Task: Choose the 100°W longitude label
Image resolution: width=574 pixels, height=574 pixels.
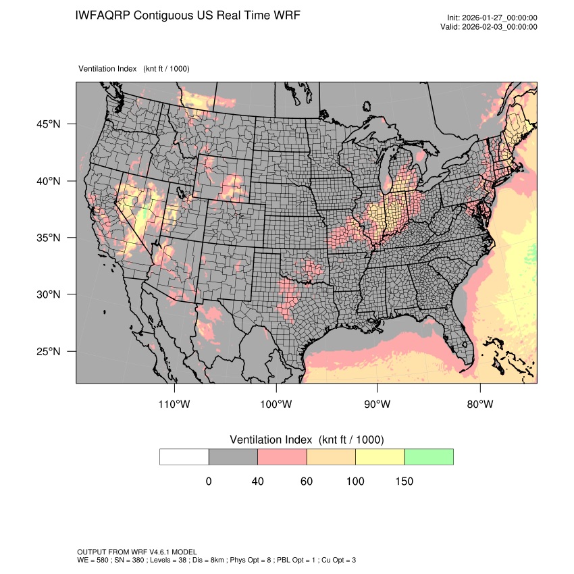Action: [x=276, y=405]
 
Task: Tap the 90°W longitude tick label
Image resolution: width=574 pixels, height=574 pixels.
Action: [x=377, y=405]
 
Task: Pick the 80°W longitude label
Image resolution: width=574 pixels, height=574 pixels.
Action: [x=479, y=405]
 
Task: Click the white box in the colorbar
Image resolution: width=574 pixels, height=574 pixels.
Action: [x=184, y=456]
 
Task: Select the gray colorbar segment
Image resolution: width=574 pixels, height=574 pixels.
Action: [x=233, y=456]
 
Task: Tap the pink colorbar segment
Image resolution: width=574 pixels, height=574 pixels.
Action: [x=282, y=456]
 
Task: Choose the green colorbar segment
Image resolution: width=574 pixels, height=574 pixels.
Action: [x=429, y=456]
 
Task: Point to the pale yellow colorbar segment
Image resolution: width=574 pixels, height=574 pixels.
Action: [x=380, y=456]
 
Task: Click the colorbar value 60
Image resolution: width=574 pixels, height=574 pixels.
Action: [x=307, y=481]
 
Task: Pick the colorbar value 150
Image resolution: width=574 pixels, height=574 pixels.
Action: [x=404, y=481]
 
